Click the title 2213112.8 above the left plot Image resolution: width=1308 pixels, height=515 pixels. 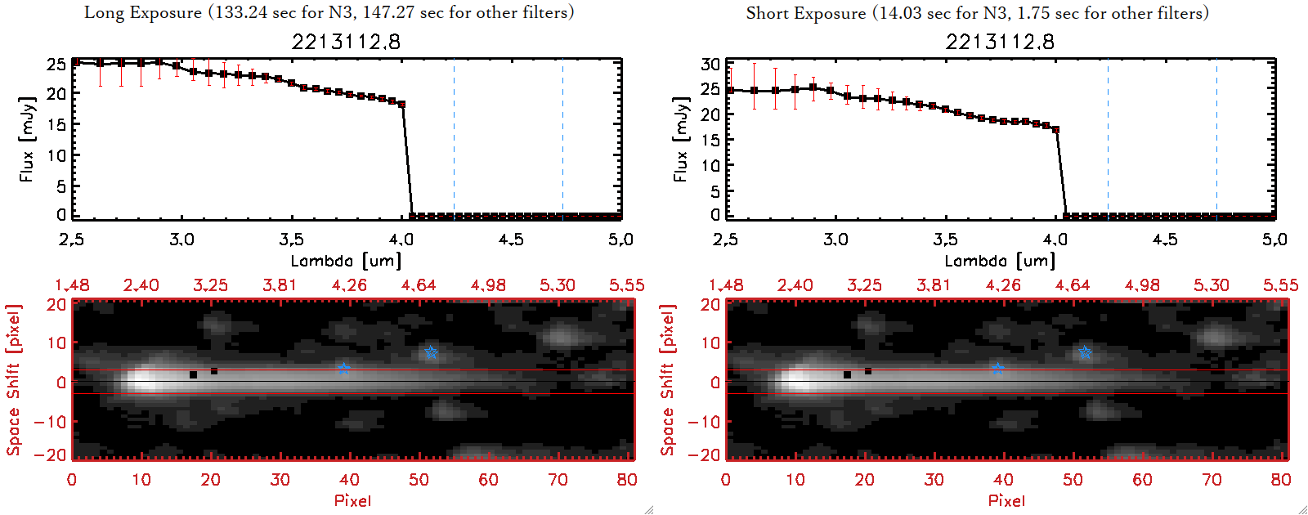[346, 42]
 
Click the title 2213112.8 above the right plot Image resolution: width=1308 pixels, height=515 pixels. [1000, 42]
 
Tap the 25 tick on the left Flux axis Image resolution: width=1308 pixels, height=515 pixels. [56, 64]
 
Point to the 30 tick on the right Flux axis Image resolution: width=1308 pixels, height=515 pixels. [710, 64]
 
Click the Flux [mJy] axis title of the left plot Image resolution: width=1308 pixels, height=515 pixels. [27, 139]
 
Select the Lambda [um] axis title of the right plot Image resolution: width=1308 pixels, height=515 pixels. [1000, 261]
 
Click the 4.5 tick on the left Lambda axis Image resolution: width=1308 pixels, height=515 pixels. [511, 240]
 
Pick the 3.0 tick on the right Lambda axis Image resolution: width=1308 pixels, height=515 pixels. [835, 240]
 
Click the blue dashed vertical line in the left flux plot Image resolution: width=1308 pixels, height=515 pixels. [562, 139]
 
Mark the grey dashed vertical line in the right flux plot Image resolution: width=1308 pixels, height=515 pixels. [1108, 139]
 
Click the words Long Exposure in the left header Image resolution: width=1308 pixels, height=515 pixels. [143, 12]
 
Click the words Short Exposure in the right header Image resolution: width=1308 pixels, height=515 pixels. [805, 12]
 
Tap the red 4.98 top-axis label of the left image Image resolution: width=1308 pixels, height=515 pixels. [488, 285]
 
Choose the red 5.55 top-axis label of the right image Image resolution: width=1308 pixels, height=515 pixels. [1280, 285]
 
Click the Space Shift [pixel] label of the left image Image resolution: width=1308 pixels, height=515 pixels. [13, 380]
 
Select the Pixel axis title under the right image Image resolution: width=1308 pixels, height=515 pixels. [1006, 500]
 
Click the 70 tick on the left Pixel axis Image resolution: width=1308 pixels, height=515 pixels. [558, 480]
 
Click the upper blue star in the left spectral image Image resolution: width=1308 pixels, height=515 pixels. [431, 353]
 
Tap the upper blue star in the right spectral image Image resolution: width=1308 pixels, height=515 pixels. [1085, 353]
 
